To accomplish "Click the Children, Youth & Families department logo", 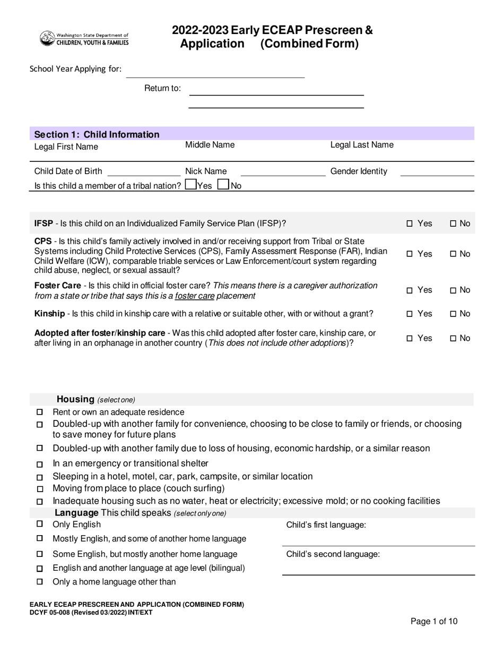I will click(84, 38).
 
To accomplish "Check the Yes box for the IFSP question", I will click(410, 224).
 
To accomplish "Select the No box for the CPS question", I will click(453, 254).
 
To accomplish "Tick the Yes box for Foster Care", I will click(410, 290).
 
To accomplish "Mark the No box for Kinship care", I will click(453, 314).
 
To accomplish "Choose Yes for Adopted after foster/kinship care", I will click(410, 339).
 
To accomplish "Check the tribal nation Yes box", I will click(190, 185).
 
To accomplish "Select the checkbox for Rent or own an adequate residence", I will click(40, 413).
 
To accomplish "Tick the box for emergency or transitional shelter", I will click(40, 464).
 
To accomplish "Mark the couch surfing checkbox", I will click(40, 489).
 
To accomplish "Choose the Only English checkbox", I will click(40, 524).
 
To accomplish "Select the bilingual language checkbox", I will click(40, 569).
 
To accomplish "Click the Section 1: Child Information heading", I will click(97, 134).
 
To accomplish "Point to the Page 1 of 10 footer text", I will click(434, 622).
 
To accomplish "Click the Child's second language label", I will click(333, 554).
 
